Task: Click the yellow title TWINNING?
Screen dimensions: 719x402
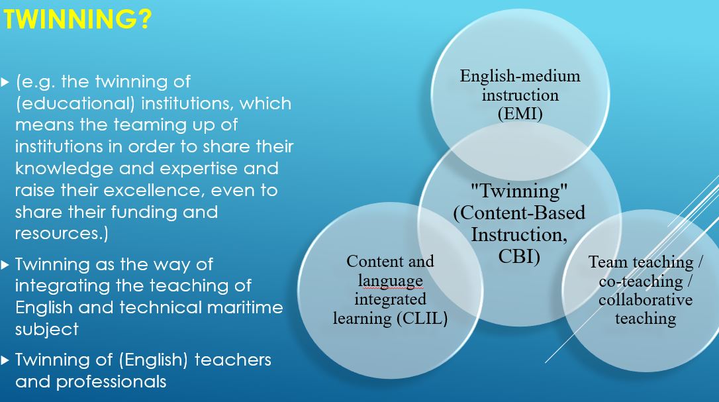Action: tap(77, 19)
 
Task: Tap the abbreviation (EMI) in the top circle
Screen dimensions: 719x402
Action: tap(520, 113)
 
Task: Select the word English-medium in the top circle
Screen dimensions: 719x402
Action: tap(520, 75)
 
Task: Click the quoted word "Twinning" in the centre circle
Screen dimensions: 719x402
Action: tap(519, 190)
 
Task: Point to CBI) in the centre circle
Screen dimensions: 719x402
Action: tap(519, 256)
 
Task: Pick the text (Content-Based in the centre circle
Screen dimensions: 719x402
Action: tap(519, 213)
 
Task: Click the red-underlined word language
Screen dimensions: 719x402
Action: tap(390, 281)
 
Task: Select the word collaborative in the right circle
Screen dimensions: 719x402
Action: tap(645, 299)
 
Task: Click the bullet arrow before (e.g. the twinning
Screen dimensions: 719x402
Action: tap(5, 83)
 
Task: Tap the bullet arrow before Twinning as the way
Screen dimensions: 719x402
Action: tap(5, 265)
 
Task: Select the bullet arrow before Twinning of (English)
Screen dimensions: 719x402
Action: tap(5, 360)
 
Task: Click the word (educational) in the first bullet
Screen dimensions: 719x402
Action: tap(75, 103)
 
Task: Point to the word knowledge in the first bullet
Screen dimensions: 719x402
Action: tap(64, 168)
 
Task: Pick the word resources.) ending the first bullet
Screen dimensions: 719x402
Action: tap(62, 234)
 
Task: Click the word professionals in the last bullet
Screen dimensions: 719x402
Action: tap(111, 382)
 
